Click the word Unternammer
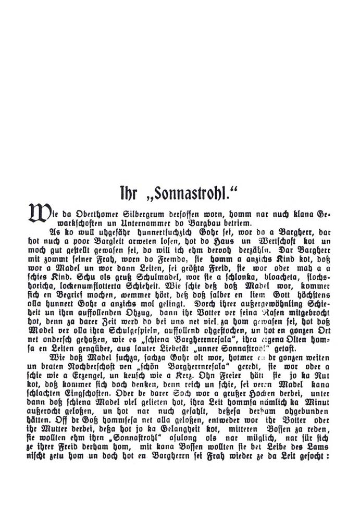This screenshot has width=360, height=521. click(110, 222)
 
